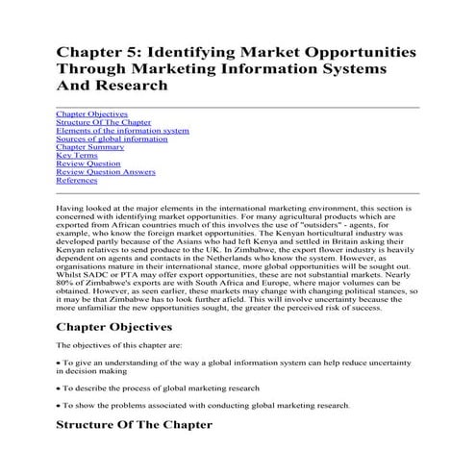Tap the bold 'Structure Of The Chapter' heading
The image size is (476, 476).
[147, 424]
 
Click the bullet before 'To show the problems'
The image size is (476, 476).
[59, 404]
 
